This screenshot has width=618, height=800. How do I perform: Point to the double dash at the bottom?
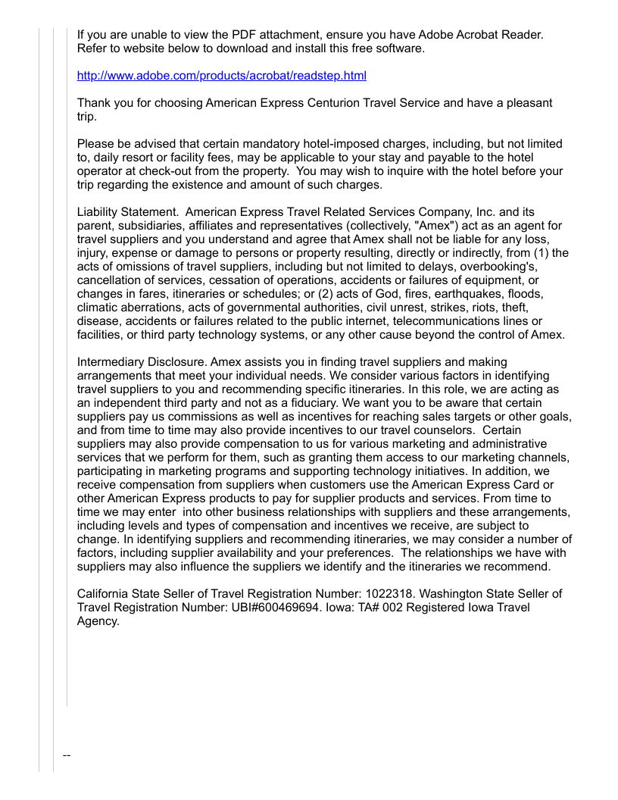[x=67, y=755]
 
